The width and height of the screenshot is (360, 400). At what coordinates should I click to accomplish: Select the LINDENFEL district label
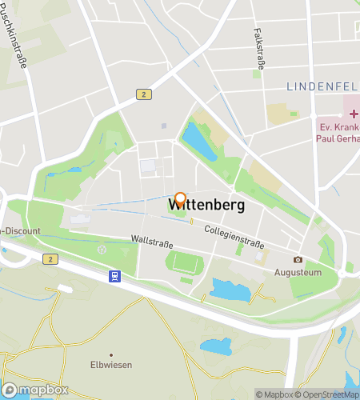click(x=322, y=85)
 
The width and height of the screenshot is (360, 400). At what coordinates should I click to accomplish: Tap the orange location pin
click(x=181, y=199)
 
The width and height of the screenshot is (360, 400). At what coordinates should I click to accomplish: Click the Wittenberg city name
click(x=206, y=205)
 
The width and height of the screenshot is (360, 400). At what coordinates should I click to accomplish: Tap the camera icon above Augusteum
click(x=298, y=259)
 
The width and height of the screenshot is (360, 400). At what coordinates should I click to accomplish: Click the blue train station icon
click(x=115, y=276)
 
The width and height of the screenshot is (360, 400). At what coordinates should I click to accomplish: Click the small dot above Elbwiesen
click(x=111, y=354)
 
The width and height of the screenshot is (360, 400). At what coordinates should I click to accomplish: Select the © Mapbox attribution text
click(x=274, y=394)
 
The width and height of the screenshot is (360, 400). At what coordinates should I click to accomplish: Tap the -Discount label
click(x=20, y=231)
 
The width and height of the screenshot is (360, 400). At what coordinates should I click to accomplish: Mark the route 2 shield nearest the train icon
click(x=50, y=259)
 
